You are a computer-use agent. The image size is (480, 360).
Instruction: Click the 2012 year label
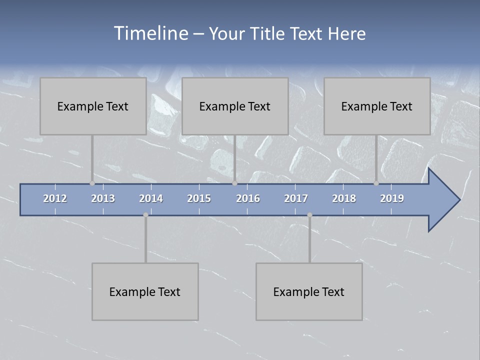coord(55,198)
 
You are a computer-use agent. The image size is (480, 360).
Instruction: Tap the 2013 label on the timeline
coord(103,198)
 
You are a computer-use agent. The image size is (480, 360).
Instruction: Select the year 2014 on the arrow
coord(151,198)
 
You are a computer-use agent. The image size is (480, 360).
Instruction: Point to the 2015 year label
coord(199,198)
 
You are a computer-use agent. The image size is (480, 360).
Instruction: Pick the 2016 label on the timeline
coord(248,198)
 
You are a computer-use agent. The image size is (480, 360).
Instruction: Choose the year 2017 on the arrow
coord(296,198)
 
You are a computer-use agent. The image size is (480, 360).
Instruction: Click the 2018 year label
coord(344,198)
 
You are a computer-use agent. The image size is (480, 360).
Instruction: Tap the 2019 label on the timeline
coord(392,198)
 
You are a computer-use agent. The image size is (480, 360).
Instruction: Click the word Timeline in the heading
coord(150,33)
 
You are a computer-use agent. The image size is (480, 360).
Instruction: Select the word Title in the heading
coord(268,34)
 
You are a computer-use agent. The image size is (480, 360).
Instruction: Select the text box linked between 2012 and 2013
coord(93,106)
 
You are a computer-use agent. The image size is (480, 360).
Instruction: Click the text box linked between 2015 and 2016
coord(235,106)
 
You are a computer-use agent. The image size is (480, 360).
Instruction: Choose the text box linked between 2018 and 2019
coord(377,106)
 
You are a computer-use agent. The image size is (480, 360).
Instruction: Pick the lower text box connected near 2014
coord(145,291)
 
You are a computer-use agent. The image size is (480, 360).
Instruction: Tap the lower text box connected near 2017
coord(309,291)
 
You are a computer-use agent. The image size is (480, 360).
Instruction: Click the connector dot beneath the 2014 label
coord(145,215)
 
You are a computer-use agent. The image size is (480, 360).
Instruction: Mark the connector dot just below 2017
coord(309,215)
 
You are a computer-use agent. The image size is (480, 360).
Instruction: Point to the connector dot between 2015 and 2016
coord(234,183)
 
